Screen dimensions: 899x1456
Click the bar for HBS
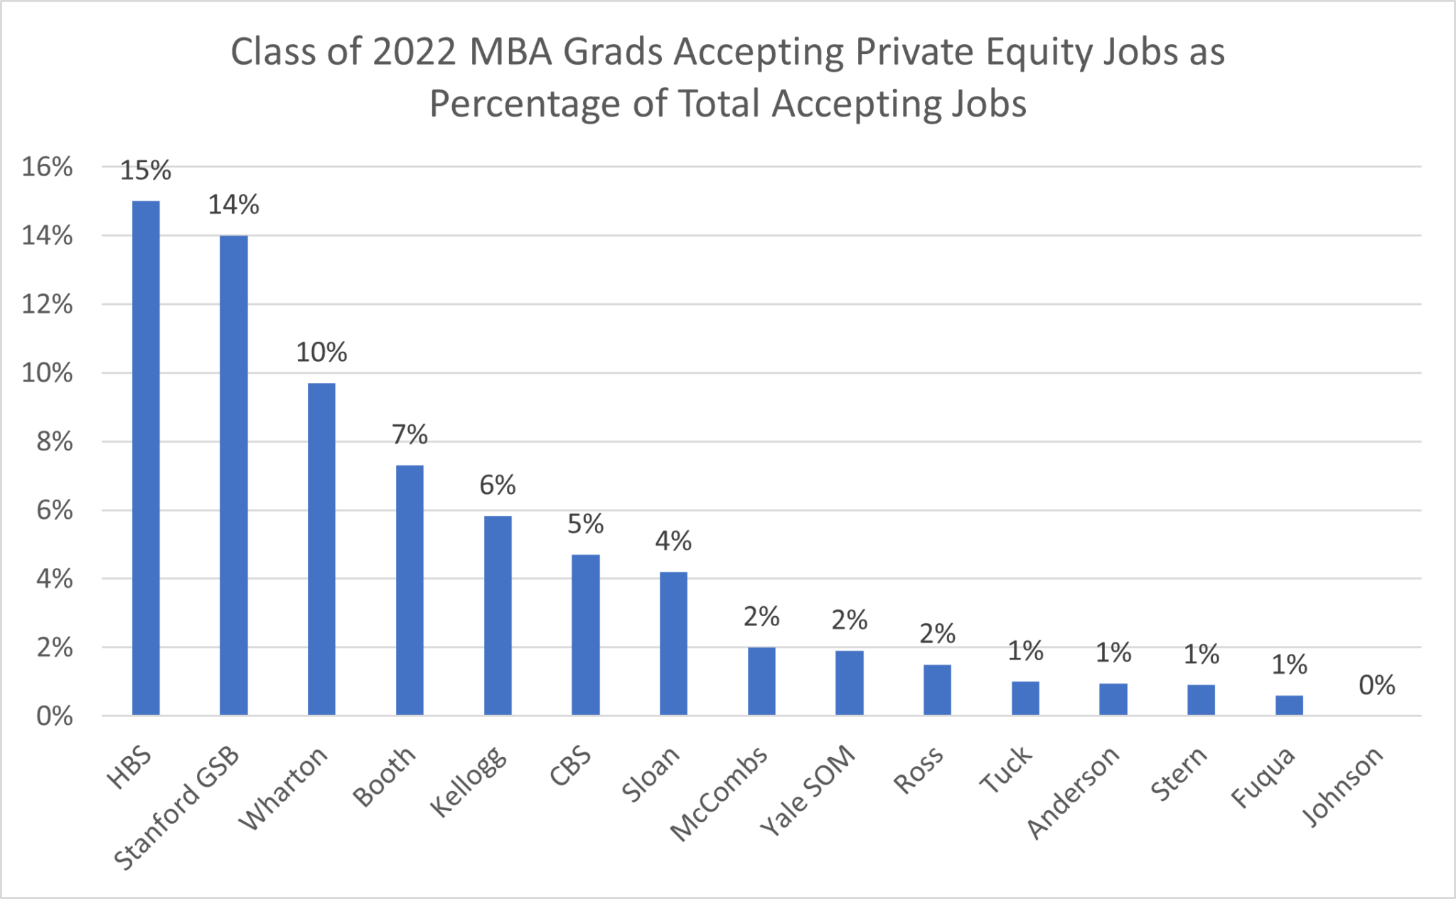(146, 458)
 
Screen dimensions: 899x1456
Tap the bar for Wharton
(321, 549)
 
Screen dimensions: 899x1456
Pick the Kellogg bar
(498, 615)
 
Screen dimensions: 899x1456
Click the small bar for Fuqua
(1289, 705)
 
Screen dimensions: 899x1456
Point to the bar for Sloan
(673, 643)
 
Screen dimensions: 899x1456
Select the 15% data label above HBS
(146, 171)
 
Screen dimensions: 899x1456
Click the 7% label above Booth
(409, 434)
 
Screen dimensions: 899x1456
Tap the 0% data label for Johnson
(1376, 685)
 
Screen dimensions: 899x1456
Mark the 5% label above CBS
(585, 524)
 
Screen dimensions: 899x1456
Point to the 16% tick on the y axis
(47, 167)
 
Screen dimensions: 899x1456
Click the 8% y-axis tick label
(54, 442)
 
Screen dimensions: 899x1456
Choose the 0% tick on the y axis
(54, 716)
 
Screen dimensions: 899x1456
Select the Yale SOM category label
(808, 790)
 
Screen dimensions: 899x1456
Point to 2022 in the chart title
(414, 52)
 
